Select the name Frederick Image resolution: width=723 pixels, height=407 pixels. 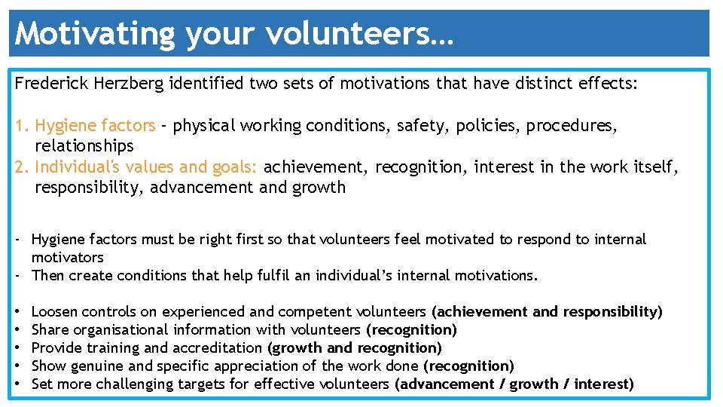52,84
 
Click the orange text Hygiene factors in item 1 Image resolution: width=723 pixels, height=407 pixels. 95,126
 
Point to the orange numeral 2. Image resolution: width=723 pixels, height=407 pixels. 20,167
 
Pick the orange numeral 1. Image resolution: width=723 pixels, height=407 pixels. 20,126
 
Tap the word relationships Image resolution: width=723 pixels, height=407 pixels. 84,146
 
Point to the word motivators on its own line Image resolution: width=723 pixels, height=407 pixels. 67,258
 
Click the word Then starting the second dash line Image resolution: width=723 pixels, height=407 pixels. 48,276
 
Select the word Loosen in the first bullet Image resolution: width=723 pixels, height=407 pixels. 54,312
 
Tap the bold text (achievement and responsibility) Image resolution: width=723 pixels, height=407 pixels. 547,312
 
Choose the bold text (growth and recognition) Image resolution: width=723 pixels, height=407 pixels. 355,348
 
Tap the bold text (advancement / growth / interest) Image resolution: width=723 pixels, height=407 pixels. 514,384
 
